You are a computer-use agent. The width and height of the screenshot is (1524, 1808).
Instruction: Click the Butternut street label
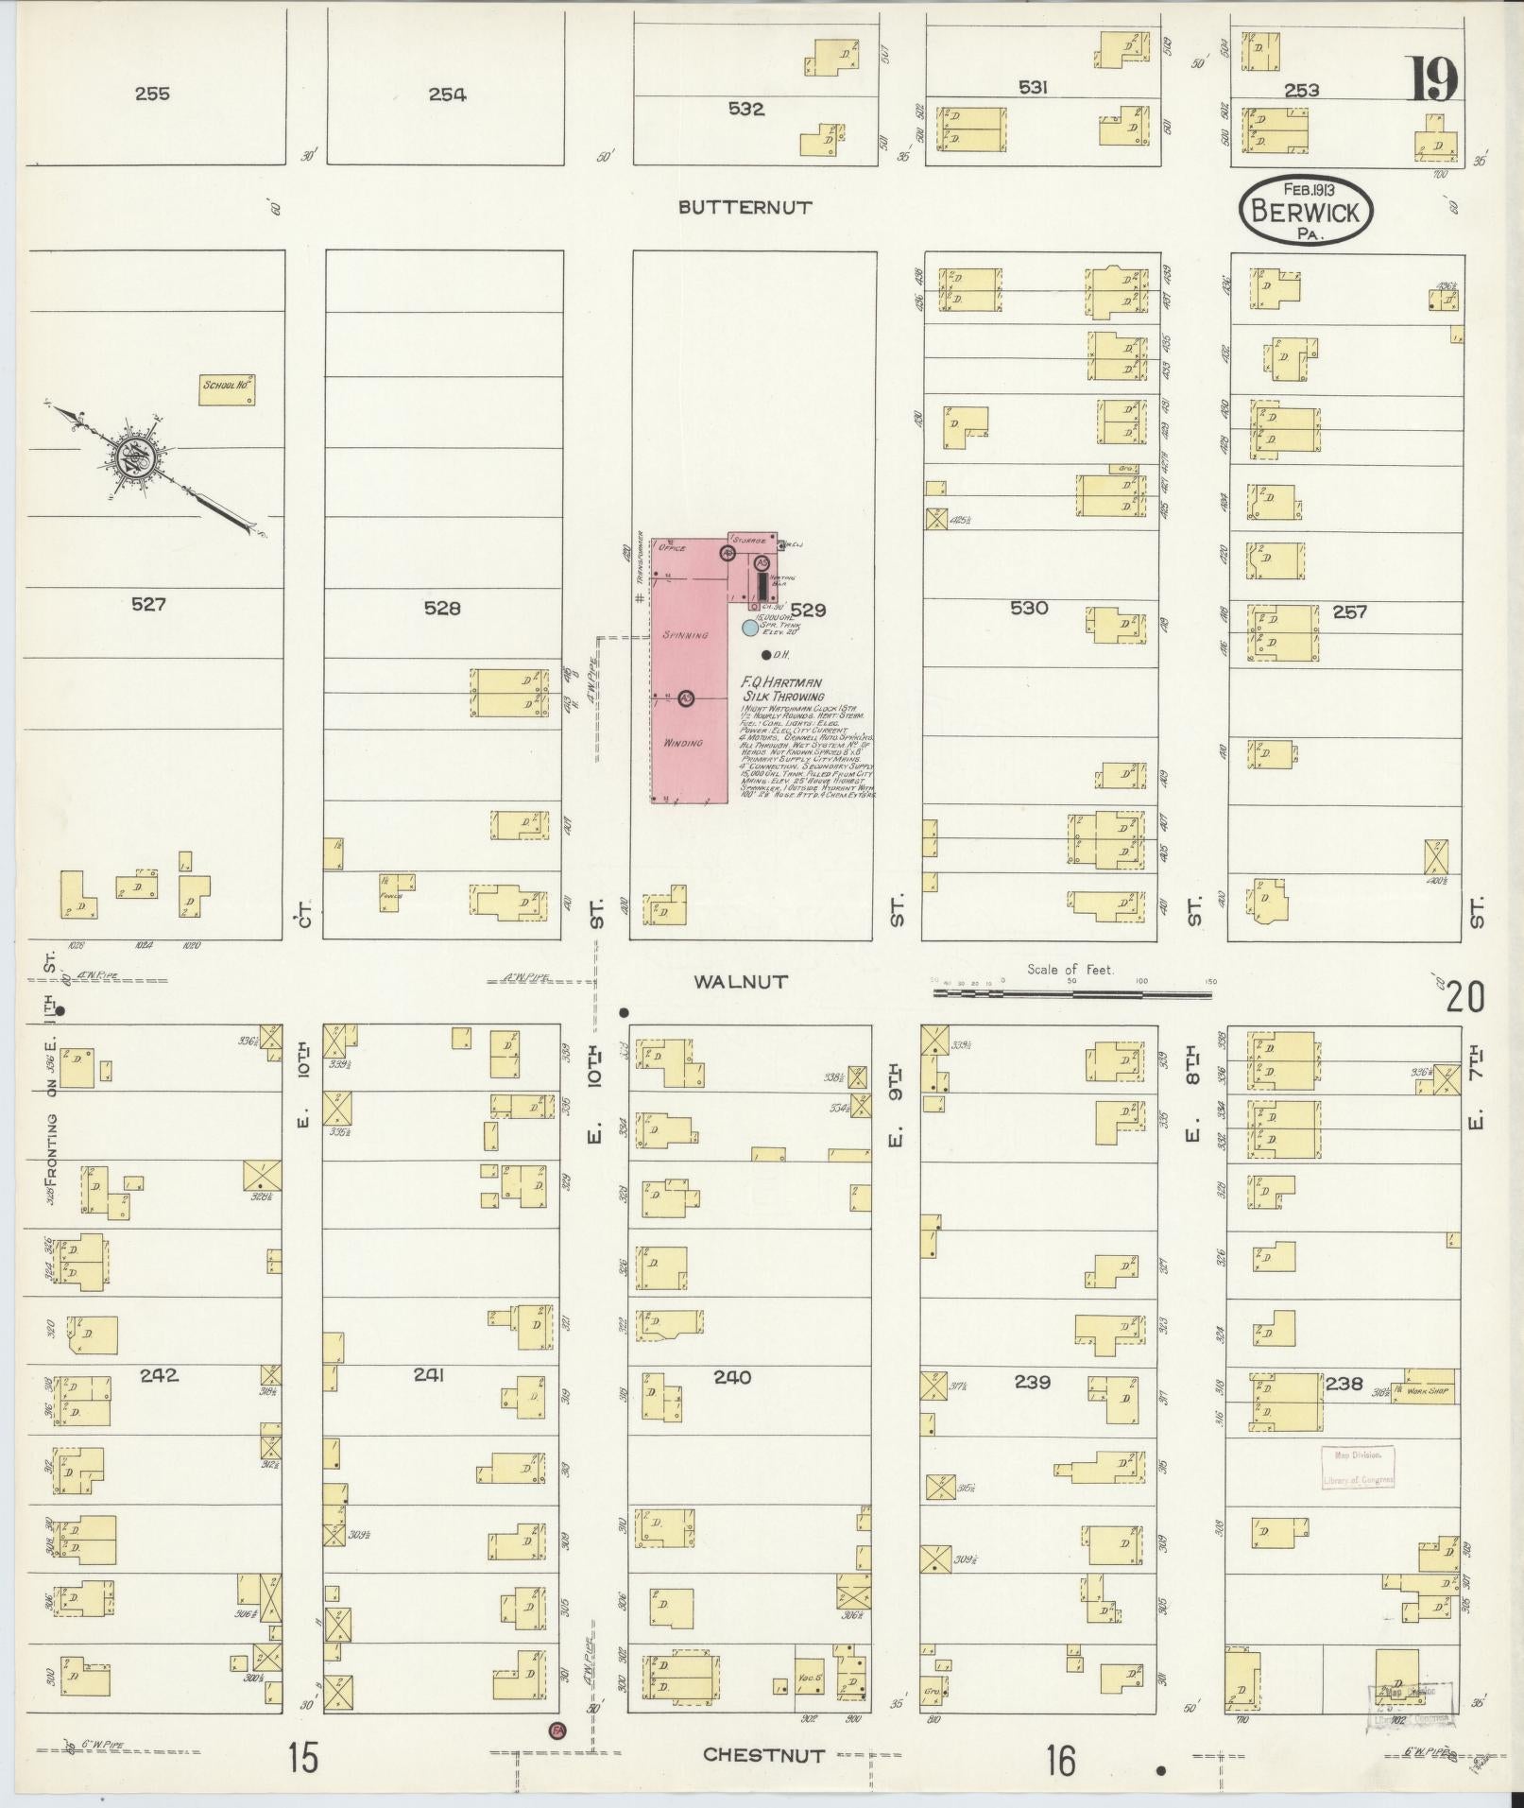pos(745,208)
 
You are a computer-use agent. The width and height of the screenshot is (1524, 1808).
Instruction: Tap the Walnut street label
pos(740,982)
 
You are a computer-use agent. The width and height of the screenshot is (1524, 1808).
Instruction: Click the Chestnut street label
pos(763,1755)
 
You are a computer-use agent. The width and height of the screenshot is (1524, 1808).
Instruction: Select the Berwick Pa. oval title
pos(1305,210)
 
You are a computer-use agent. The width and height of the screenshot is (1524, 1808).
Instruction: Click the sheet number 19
pos(1434,79)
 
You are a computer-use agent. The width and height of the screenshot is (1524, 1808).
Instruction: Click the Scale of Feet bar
pos(1071,994)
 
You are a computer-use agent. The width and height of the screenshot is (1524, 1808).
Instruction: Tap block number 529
pos(808,611)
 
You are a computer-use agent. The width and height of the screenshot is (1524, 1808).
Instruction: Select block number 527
pos(148,604)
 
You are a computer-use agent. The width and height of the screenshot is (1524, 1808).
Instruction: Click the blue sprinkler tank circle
pos(749,628)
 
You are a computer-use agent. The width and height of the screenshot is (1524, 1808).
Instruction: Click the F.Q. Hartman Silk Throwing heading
pos(782,688)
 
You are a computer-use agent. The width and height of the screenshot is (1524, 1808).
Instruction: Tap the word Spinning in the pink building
pos(685,636)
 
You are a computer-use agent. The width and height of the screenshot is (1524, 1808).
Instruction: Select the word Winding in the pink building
pos(683,743)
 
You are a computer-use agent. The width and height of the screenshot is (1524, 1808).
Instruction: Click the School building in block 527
pos(228,390)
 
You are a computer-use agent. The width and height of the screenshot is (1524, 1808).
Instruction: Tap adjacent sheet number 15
pos(303,1760)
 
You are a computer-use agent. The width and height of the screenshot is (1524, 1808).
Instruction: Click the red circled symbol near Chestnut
pos(557,1731)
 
